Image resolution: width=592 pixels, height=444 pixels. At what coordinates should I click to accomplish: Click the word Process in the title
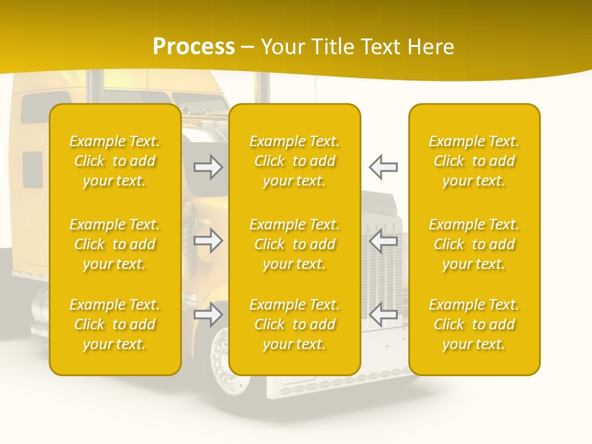point(194,47)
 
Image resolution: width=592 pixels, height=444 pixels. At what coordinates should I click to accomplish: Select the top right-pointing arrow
point(208,167)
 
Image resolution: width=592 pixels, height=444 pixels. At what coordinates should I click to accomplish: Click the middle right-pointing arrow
point(208,241)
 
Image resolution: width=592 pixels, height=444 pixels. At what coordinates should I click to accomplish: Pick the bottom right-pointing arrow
point(208,315)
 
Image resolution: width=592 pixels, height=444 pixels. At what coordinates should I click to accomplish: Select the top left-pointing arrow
point(384,167)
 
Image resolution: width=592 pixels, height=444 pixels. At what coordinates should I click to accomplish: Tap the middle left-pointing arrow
point(384,241)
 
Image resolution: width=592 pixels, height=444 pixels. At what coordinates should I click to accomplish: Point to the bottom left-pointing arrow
point(384,315)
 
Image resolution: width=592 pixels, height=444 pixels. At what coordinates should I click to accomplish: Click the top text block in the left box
point(115,161)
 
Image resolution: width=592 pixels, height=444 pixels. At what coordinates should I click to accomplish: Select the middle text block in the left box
point(115,244)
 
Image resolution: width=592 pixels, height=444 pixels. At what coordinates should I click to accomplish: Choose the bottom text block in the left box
point(115,324)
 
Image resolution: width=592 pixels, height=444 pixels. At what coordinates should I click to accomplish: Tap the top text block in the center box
point(295,161)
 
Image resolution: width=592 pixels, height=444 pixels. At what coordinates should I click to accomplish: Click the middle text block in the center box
point(295,244)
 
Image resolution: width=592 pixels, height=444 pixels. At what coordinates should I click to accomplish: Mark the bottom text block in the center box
point(295,324)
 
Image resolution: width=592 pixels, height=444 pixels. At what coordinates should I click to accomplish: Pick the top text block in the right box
point(474,161)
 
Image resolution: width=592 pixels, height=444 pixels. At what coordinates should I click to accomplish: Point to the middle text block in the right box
point(474,244)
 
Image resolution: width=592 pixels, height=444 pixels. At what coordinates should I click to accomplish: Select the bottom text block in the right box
point(474,324)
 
